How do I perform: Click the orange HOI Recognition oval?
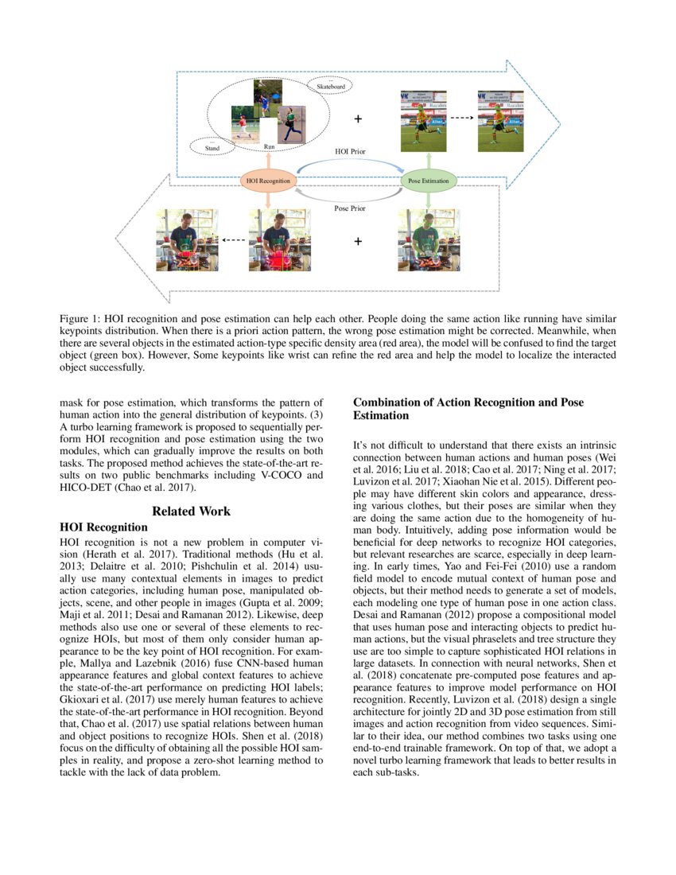coord(267,181)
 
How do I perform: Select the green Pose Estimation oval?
coord(429,181)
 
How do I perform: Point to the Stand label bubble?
coord(212,147)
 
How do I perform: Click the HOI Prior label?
coord(350,150)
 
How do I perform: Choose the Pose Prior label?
coord(350,208)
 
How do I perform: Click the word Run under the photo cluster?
coord(270,147)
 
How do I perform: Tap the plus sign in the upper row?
coord(358,119)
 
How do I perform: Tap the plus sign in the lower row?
coord(358,241)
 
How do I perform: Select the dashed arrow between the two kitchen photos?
coord(232,239)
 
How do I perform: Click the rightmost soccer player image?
coord(500,120)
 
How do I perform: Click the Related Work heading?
coord(191,511)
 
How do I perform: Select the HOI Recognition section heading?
coord(103,527)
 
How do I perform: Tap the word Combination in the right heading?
coord(390,402)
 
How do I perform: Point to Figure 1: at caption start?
coord(81,318)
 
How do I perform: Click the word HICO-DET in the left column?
coord(84,488)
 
